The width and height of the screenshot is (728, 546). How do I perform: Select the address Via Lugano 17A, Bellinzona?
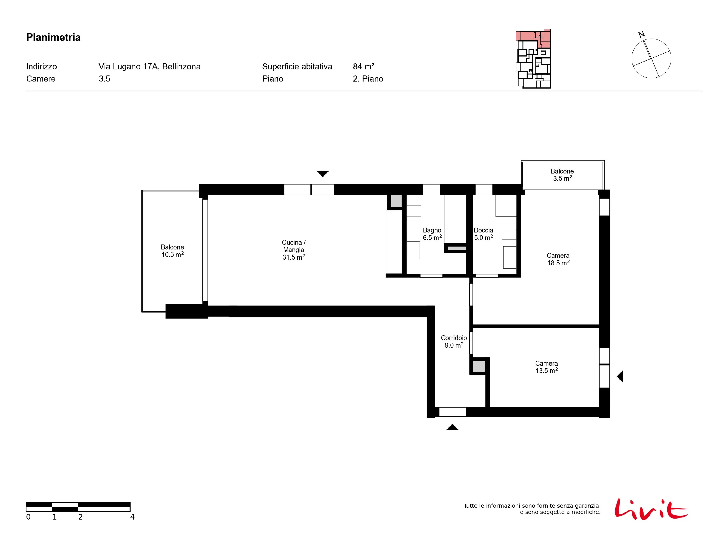pos(149,67)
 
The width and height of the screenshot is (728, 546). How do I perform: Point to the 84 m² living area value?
pos(363,66)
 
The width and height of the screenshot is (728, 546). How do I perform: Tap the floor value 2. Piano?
pos(368,79)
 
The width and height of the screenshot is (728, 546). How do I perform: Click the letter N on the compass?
pos(641,34)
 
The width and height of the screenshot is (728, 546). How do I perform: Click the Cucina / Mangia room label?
pos(294,250)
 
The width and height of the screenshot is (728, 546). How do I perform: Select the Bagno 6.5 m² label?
pos(432,234)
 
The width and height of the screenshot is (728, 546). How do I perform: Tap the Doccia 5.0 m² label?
pos(483,234)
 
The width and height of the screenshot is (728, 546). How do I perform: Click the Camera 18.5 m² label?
pos(558,259)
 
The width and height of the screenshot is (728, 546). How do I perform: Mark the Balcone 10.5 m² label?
pos(173,251)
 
